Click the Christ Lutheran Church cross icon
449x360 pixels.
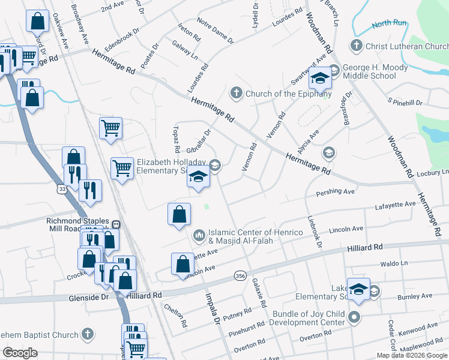point(357,46)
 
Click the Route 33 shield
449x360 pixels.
point(62,189)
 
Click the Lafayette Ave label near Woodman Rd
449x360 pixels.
point(395,205)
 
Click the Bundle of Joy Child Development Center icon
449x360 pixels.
point(355,317)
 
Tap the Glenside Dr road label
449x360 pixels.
point(88,297)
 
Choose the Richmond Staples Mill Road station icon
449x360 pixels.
point(116,225)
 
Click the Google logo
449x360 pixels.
point(20,353)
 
